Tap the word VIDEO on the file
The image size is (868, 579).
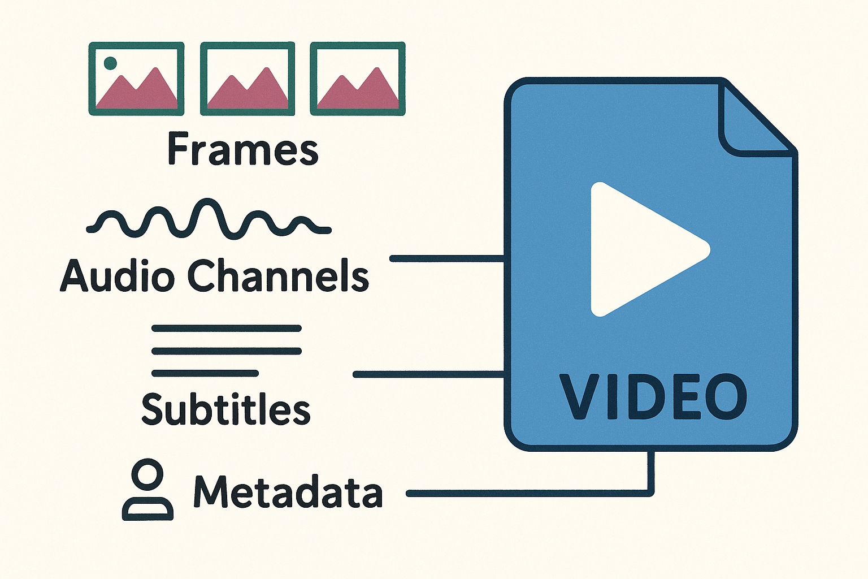tap(653, 397)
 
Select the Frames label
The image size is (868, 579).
tap(243, 149)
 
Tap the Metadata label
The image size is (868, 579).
tap(288, 491)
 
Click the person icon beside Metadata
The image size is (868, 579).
tap(147, 490)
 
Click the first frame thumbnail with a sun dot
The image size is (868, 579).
tap(136, 79)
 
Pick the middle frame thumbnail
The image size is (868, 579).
tap(248, 79)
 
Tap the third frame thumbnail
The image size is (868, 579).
tap(358, 79)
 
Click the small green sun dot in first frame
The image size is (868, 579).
tap(111, 63)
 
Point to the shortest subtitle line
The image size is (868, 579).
tap(205, 373)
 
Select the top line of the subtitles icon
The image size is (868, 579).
tap(226, 328)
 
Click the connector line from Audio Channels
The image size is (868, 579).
tap(446, 259)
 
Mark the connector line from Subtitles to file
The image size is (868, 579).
tap(428, 374)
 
